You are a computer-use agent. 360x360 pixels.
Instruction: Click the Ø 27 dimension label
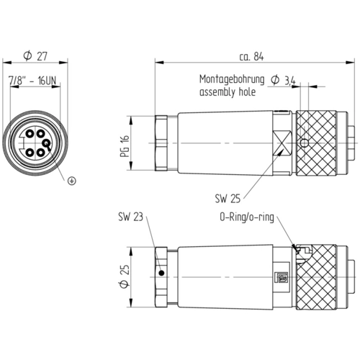tap(35, 55)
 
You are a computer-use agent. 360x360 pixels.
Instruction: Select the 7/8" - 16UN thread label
tap(32, 81)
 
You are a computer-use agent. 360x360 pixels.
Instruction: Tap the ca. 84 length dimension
tap(251, 57)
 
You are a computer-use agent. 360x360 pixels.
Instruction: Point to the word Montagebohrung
tap(232, 80)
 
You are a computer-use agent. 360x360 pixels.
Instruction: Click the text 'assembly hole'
tap(228, 92)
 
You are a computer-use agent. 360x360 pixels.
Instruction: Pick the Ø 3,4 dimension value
tap(283, 80)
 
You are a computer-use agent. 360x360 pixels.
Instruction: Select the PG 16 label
tap(125, 146)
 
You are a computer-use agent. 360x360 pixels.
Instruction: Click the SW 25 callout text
tap(228, 199)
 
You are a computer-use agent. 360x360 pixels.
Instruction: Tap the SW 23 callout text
tap(130, 217)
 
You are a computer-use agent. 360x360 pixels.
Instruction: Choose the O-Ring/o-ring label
tap(247, 217)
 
